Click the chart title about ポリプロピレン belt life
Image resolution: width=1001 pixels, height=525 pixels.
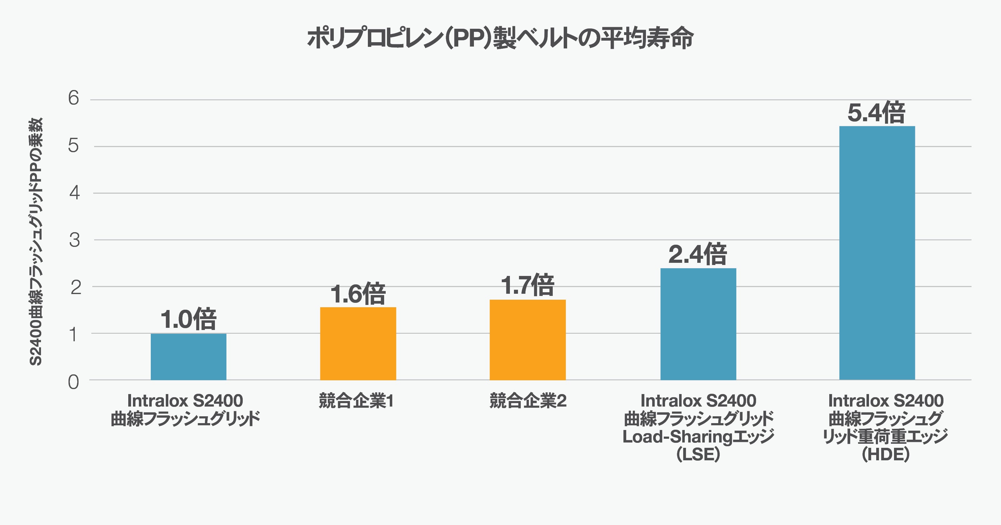500,38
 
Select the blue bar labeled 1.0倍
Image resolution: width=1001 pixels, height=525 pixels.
188,357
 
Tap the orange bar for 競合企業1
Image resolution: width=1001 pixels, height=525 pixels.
358,344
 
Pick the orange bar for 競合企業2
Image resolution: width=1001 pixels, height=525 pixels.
527,340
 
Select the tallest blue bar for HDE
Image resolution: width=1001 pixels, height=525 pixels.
877,252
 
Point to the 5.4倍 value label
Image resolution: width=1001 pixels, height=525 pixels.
876,112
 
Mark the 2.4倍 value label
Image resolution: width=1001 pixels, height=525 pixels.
698,254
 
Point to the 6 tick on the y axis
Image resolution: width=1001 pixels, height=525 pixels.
74,98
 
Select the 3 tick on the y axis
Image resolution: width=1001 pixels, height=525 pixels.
74,240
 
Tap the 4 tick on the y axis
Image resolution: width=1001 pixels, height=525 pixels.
74,192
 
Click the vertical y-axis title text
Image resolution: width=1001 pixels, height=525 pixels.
36,241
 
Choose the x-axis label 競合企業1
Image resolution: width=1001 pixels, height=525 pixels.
356,401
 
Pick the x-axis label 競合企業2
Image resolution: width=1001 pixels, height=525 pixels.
528,401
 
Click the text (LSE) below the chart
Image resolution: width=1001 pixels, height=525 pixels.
698,454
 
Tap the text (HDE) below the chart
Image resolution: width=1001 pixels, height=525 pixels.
886,454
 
